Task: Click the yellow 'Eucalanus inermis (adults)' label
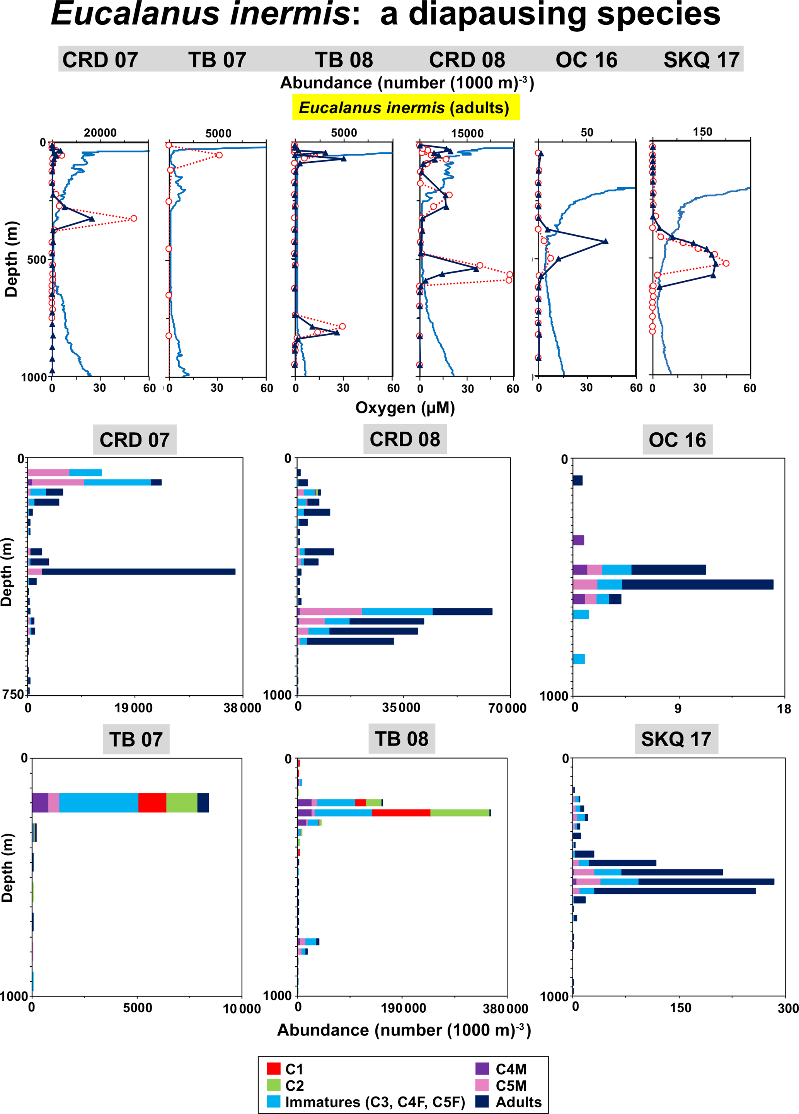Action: (x=405, y=107)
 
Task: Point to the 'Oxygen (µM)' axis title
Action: (x=405, y=408)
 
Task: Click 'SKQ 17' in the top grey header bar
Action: (x=701, y=60)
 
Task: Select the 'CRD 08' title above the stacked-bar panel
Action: (x=405, y=439)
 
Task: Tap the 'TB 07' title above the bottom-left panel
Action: (x=136, y=739)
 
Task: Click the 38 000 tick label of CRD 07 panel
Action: (x=242, y=708)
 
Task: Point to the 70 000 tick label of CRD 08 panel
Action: (x=507, y=708)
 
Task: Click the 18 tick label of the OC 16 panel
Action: (x=784, y=709)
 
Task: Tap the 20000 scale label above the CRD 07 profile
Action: (x=100, y=133)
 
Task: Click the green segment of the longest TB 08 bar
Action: (x=460, y=813)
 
